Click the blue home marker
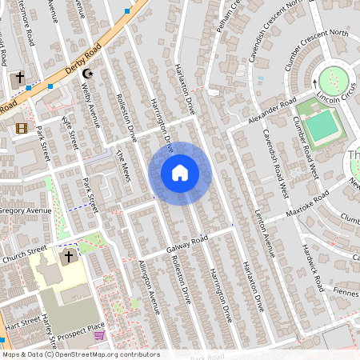pos(180,173)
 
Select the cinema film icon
pos(21,128)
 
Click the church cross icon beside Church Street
pos(69,257)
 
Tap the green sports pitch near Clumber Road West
pos(321,126)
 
